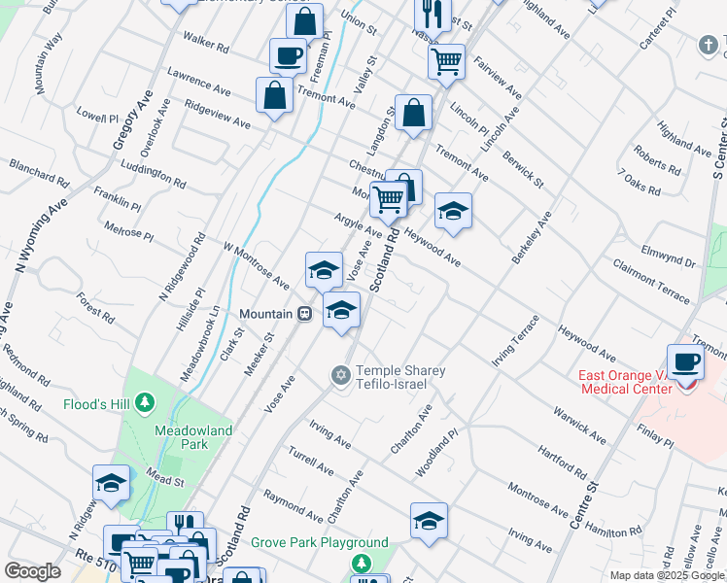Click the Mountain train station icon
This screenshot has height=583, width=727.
click(x=304, y=314)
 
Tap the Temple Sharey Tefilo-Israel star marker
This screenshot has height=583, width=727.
click(x=340, y=374)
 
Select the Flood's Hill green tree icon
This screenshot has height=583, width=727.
click(x=145, y=401)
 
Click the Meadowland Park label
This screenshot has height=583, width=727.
click(x=182, y=436)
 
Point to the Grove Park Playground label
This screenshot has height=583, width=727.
click(x=320, y=543)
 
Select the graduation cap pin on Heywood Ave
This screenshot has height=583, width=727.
click(x=453, y=211)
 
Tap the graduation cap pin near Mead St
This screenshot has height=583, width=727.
click(x=111, y=483)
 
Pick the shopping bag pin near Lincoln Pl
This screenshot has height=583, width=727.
click(x=413, y=112)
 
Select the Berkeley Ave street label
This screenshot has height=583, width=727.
click(x=530, y=237)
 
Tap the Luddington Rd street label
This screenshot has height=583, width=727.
click(x=152, y=174)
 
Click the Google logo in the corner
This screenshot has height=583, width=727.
click(x=32, y=571)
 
